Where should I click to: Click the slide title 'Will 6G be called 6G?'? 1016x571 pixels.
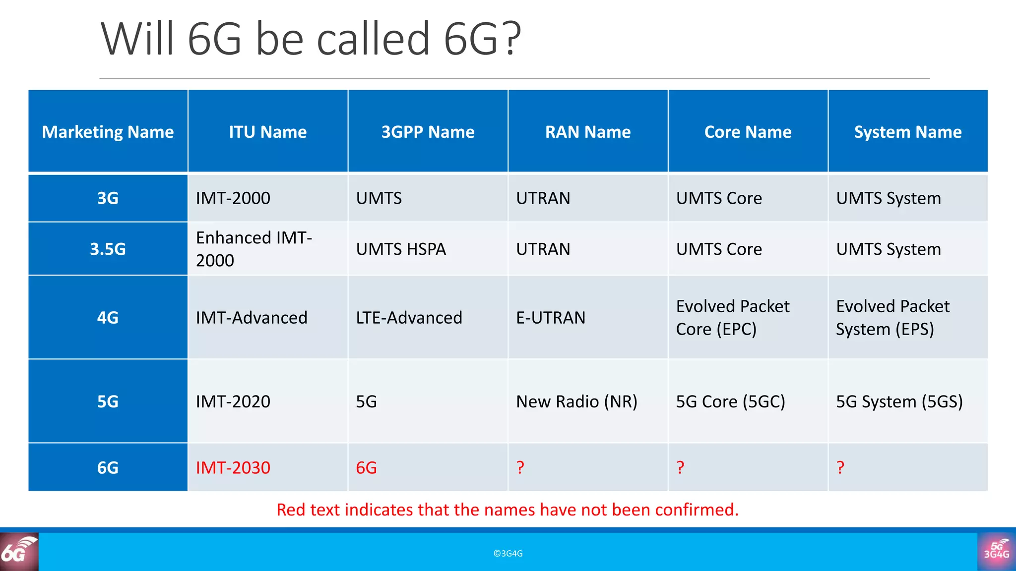coord(311,39)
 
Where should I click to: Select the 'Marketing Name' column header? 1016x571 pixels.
coord(108,132)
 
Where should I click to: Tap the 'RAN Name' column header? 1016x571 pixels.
coord(588,132)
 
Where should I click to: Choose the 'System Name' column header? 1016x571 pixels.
coord(907,132)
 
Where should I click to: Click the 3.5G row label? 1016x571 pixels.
coord(108,249)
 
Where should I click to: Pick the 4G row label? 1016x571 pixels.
coord(108,318)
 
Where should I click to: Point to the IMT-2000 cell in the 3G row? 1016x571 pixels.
coord(233,198)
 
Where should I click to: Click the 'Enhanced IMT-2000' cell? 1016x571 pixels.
coord(254,249)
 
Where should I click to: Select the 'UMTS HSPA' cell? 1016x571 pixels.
coord(401,249)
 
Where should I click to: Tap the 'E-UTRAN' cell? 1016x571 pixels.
coord(551,318)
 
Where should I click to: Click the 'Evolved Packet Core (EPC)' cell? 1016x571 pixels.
coord(732,318)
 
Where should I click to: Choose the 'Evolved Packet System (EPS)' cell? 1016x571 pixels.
coord(892,318)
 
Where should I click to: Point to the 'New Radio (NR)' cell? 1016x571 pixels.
coord(576,401)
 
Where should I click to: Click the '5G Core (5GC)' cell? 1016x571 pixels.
coord(730,401)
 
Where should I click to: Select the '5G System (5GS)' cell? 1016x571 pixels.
coord(899,401)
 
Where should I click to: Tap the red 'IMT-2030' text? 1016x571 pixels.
coord(233,468)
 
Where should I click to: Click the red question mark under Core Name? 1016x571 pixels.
coord(680,467)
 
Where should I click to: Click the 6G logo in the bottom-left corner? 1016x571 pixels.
coord(19,551)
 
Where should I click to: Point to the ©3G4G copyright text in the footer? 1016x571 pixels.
coord(508,554)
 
